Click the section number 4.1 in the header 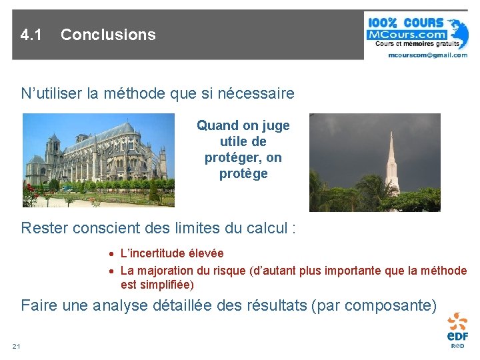point(31,35)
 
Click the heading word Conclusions point(108,35)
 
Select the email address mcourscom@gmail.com point(427,55)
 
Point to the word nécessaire point(257,93)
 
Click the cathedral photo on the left point(98,160)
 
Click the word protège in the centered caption point(243,174)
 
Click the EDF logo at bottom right point(457,329)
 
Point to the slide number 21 point(17,346)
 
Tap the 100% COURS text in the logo point(405,21)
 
